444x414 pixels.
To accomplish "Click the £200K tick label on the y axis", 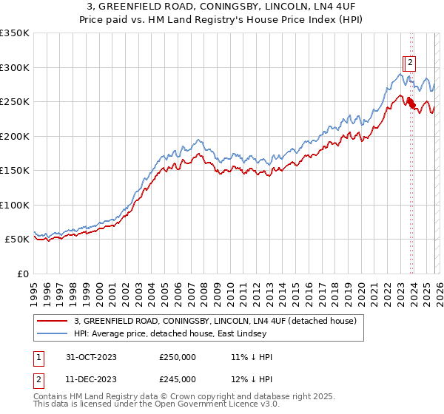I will pyautogui.click(x=15, y=136).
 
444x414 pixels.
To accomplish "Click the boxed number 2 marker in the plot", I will pyautogui.click(x=409, y=63).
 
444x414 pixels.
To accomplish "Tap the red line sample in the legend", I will pyautogui.click(x=53, y=321).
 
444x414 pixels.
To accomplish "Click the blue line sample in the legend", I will pyautogui.click(x=53, y=333).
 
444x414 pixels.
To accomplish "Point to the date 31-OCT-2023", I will pyautogui.click(x=86, y=357).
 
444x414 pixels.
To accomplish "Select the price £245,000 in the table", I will pyautogui.click(x=178, y=379).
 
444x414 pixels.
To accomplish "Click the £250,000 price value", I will pyautogui.click(x=178, y=357).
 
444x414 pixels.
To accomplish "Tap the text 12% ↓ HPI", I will pyautogui.click(x=252, y=379).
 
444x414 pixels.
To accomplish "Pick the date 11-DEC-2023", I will pyautogui.click(x=86, y=379).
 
